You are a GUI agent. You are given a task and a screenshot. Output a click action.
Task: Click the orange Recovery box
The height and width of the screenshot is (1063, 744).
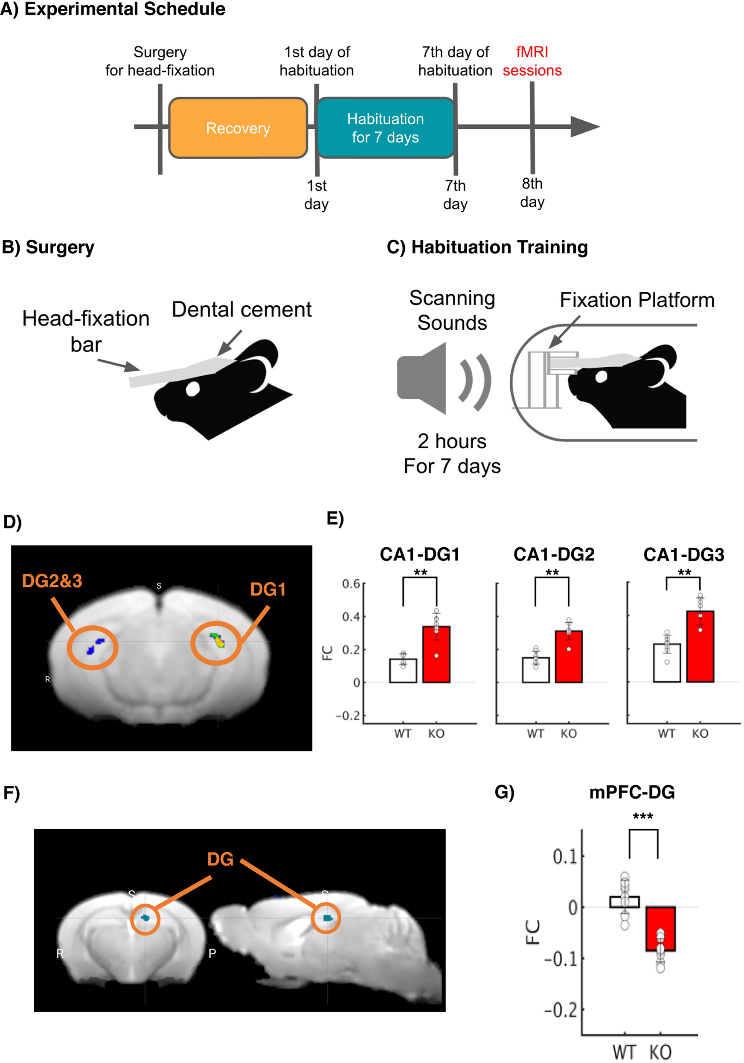coord(238,128)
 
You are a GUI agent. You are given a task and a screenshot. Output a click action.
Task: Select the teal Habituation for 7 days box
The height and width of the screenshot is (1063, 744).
coord(385,128)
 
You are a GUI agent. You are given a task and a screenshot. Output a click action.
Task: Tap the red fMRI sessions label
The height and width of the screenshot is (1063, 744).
coord(532,61)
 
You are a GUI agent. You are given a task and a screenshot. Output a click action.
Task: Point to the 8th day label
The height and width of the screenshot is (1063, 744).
coord(532,193)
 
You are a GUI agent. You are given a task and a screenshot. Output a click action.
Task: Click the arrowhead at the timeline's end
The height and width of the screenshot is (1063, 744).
coord(584,126)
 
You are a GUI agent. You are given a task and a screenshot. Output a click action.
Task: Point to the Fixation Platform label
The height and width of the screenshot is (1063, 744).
coord(636,299)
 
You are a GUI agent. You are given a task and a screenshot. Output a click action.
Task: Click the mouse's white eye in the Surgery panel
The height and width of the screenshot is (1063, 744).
coord(192,389)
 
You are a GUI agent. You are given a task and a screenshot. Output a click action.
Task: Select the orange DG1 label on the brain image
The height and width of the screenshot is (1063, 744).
coord(267,590)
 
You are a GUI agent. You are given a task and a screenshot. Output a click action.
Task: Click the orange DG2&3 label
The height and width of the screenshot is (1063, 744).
coord(52,581)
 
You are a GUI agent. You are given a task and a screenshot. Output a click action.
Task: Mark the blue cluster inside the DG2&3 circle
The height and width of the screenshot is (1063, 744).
coord(96,645)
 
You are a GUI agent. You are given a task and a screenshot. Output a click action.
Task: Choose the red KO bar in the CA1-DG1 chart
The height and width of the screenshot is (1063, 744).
coord(436,654)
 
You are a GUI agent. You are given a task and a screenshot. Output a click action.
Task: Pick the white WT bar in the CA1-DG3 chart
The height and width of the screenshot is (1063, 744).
coord(667,662)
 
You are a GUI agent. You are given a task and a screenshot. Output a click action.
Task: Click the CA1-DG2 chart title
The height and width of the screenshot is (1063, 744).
coord(554,554)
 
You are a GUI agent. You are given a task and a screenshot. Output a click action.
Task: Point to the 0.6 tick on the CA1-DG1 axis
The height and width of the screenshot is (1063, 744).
coord(351,584)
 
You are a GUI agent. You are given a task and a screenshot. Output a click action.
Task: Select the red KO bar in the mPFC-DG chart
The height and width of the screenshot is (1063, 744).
coord(660,928)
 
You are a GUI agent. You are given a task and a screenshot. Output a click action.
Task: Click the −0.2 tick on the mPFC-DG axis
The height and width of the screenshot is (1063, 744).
coord(561,1010)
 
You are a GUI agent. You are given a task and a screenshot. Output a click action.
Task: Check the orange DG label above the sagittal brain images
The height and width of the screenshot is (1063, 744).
coord(221,859)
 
